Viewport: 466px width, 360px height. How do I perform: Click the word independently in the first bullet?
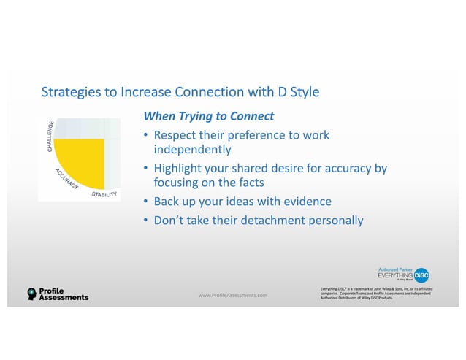(x=191, y=150)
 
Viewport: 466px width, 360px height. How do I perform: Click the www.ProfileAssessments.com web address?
(x=233, y=295)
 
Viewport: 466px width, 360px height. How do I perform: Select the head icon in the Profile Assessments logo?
(x=31, y=294)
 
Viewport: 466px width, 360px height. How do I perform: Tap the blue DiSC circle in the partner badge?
(x=421, y=275)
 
